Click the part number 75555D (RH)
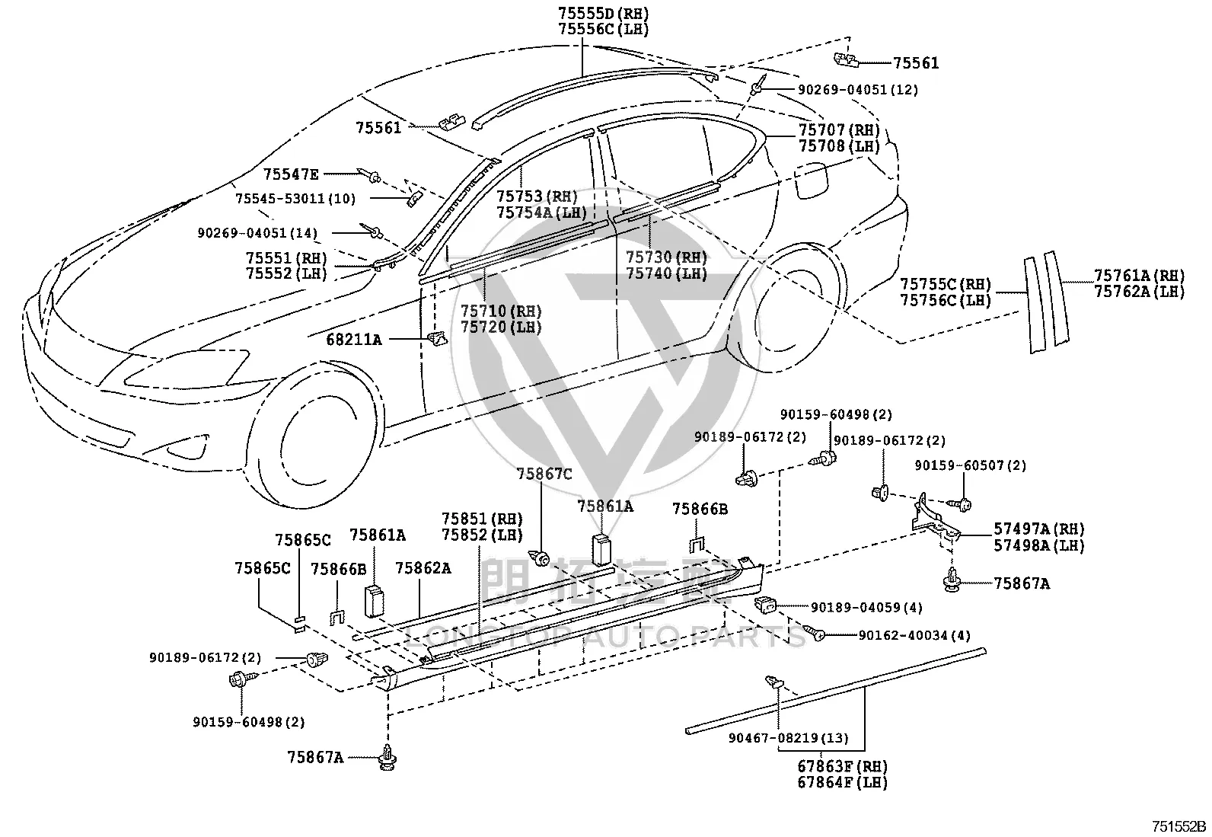pos(603,12)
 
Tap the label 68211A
pos(354,340)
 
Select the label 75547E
pos(291,174)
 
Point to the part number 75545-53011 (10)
pos(295,199)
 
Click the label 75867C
pos(544,474)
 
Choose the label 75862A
pos(423,568)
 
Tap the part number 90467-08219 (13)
pos(789,738)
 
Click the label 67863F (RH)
pos(843,767)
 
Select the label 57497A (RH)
pos(1039,529)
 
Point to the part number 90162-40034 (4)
pos(914,635)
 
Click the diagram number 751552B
pos(1179,826)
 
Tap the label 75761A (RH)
pos(1140,276)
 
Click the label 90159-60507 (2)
pos(970,465)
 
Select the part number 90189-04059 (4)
pos(866,608)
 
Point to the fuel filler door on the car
pos(812,180)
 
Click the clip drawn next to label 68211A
pos(437,338)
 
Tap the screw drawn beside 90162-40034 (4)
pos(815,632)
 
